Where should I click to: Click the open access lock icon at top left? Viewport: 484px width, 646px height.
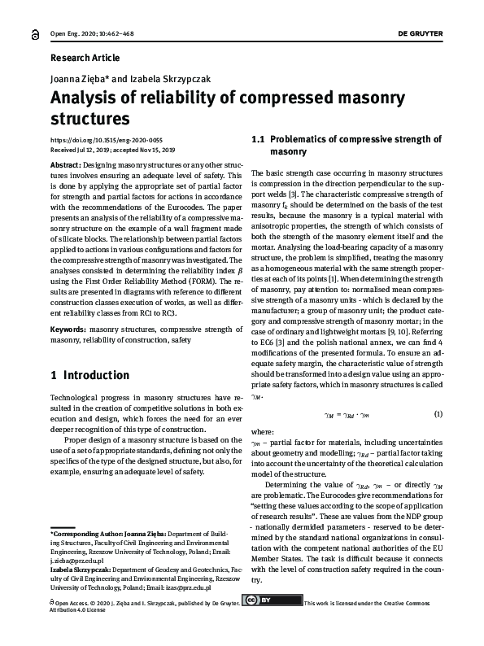(x=34, y=35)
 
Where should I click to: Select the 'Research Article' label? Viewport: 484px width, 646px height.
(x=85, y=58)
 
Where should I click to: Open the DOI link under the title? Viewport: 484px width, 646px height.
(x=107, y=140)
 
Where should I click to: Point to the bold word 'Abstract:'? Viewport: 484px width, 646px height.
(x=66, y=164)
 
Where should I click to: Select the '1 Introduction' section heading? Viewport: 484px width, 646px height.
(x=89, y=376)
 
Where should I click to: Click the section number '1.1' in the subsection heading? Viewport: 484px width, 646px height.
(x=259, y=139)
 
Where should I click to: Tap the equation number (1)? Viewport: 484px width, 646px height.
(x=438, y=415)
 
